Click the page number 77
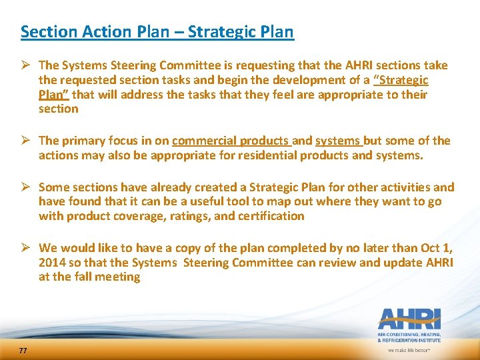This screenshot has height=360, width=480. coord(23,351)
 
